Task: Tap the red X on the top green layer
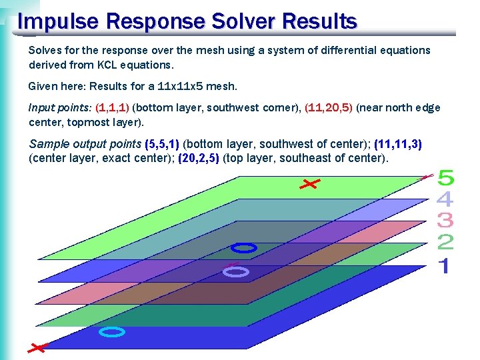[x=309, y=183]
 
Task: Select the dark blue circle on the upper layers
[x=243, y=249]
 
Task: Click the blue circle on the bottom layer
[x=112, y=331]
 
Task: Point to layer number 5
[x=445, y=179]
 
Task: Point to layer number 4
[x=445, y=199]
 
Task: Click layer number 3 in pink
[x=445, y=220]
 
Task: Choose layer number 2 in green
[x=445, y=243]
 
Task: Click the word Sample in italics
[x=49, y=144]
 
